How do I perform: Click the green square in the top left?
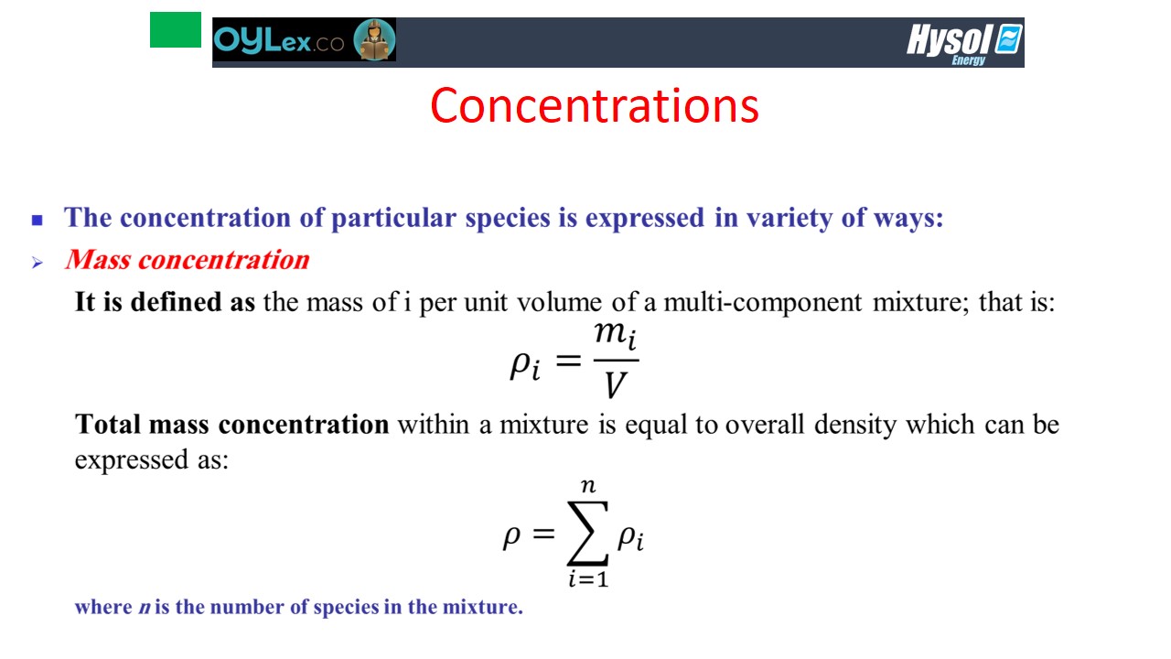coord(176,30)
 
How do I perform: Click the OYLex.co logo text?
coord(279,40)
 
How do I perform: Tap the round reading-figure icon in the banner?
coord(374,39)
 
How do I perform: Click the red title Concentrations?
coord(595,106)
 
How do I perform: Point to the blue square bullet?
coord(38,220)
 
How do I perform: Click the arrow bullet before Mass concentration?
coord(38,263)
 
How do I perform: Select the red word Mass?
coord(98,260)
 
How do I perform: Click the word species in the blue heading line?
coord(508,218)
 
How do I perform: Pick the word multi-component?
coord(763,303)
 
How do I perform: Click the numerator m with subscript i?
coord(616,335)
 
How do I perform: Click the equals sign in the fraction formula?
coord(568,361)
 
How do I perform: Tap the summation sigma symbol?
coord(587,533)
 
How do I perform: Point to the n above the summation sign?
coord(588,486)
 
